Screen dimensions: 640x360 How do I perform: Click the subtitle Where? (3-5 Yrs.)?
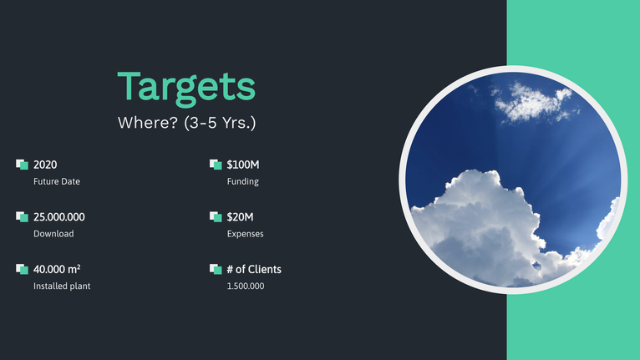(x=186, y=123)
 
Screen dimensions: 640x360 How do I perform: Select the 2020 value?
(x=45, y=165)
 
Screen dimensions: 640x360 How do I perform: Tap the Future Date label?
(x=57, y=181)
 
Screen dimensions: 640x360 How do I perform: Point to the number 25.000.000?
(x=59, y=216)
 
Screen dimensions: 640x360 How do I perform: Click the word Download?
(x=53, y=234)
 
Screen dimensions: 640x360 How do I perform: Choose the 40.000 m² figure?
(x=57, y=269)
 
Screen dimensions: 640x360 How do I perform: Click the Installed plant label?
(x=62, y=286)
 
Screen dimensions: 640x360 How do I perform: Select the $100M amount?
(x=243, y=165)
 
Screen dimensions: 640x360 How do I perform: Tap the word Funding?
(x=243, y=181)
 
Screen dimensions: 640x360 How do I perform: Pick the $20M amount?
(x=240, y=216)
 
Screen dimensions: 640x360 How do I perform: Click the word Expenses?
(x=246, y=234)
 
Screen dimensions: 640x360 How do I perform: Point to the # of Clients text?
(x=254, y=270)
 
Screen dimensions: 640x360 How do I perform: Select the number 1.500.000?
(x=246, y=286)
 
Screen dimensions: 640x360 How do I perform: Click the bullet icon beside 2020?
(x=22, y=165)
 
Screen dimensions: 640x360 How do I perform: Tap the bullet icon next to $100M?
(x=216, y=165)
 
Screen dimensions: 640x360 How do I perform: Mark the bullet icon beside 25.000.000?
(x=22, y=216)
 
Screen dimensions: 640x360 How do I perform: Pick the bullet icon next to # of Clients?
(x=216, y=269)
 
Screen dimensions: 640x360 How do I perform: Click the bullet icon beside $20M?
(x=216, y=216)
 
